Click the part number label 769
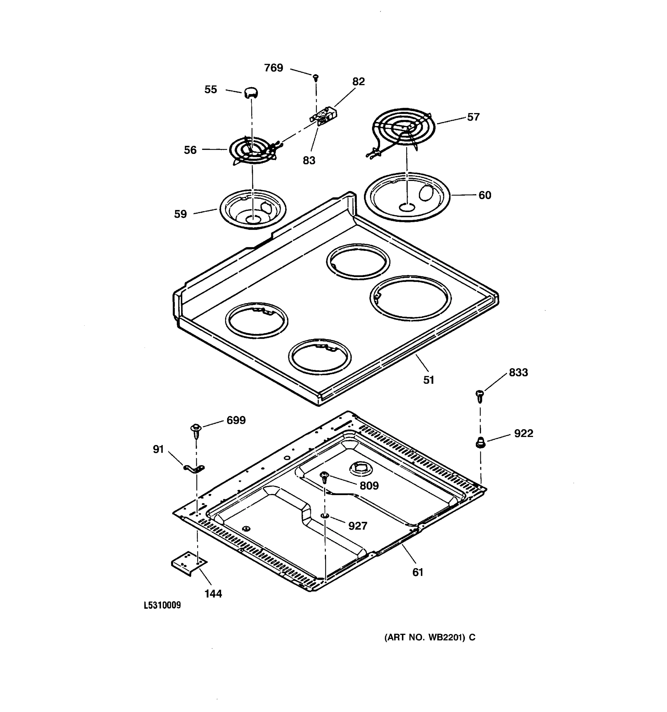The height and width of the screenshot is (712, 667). (x=273, y=68)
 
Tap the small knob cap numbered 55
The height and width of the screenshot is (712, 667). (x=251, y=93)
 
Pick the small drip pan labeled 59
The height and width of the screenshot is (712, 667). (x=253, y=209)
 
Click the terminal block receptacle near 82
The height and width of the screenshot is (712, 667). (x=323, y=117)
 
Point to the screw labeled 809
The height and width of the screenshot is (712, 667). (x=325, y=477)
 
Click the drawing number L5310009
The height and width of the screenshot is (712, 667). (x=162, y=605)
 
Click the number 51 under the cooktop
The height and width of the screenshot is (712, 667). (x=429, y=380)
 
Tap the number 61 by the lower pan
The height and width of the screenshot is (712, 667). (x=418, y=572)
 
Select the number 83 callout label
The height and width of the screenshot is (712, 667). (x=309, y=160)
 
